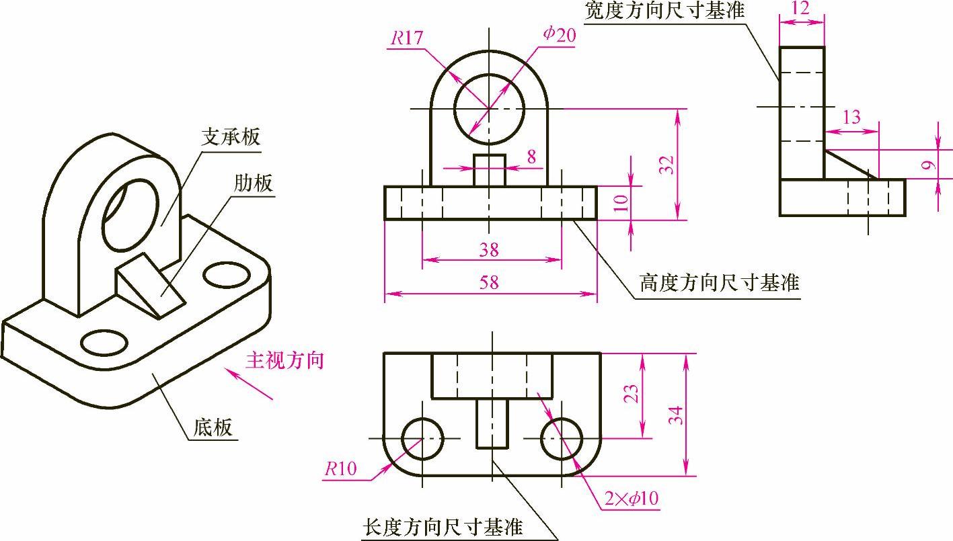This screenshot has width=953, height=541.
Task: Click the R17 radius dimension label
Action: tap(406, 38)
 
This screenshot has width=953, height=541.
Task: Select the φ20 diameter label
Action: tap(560, 36)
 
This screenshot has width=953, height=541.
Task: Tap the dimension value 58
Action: tap(490, 282)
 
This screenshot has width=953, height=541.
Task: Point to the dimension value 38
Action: tap(490, 249)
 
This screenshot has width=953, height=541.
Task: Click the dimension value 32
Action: tap(666, 165)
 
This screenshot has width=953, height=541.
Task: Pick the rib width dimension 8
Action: tap(531, 157)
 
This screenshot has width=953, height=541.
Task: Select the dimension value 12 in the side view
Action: tap(801, 9)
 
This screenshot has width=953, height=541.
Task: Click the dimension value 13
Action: tap(851, 117)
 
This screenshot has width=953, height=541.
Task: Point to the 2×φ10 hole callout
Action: tap(631, 499)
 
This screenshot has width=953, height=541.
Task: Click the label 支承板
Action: tap(231, 137)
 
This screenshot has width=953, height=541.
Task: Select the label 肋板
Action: tap(254, 182)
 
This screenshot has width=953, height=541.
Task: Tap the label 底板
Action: tap(213, 427)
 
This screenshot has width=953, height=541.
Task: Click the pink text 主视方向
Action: tap(284, 360)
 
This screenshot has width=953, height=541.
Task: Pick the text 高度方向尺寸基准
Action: tap(719, 283)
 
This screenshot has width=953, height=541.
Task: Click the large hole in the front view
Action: tap(489, 108)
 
